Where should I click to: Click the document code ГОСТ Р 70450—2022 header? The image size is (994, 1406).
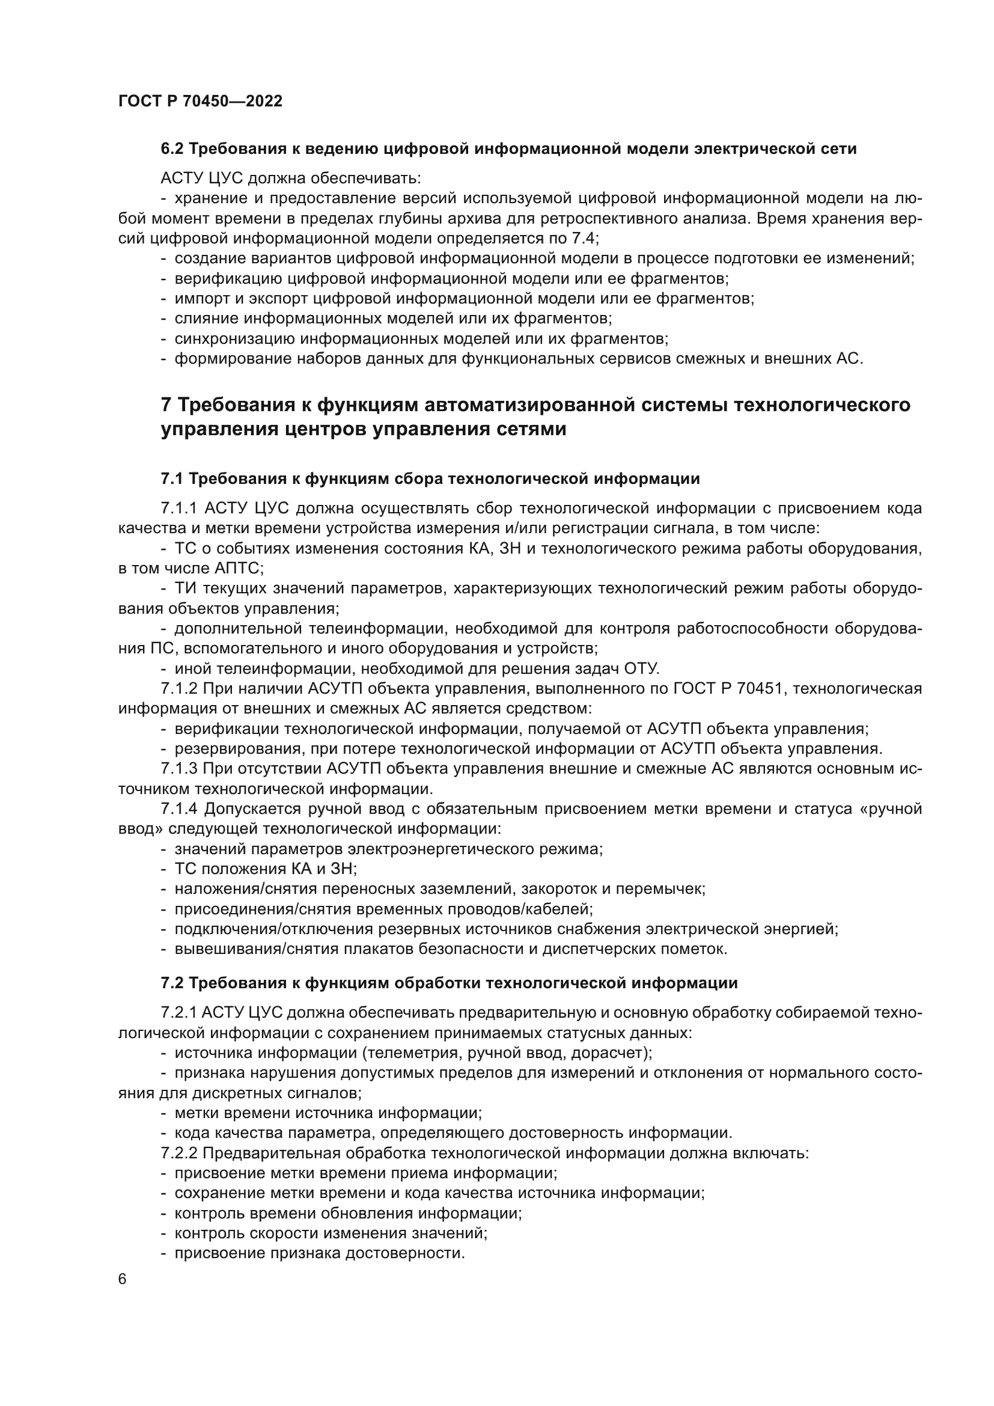pyautogui.click(x=200, y=102)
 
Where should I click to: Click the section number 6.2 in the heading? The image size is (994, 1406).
pyautogui.click(x=172, y=149)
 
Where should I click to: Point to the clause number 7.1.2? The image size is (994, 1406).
pyautogui.click(x=178, y=689)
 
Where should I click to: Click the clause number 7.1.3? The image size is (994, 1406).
pyautogui.click(x=178, y=769)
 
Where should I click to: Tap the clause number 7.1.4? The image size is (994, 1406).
pyautogui.click(x=178, y=809)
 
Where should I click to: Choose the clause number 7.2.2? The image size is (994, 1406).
pyautogui.click(x=178, y=1153)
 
